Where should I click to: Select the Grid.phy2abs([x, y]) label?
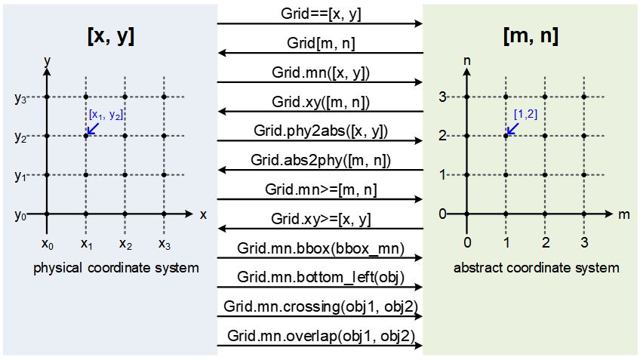pyautogui.click(x=321, y=131)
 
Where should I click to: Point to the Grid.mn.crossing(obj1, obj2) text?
pyautogui.click(x=320, y=306)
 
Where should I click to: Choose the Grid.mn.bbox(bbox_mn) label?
pyautogui.click(x=320, y=248)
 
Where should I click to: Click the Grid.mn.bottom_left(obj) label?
pyautogui.click(x=320, y=277)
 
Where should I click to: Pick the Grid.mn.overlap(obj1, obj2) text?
pyautogui.click(x=320, y=336)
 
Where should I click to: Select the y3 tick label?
pyautogui.click(x=20, y=97)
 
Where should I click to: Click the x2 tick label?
pyautogui.click(x=126, y=244)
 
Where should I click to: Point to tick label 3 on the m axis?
pyautogui.click(x=583, y=242)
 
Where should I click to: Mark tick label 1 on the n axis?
pyautogui.click(x=443, y=175)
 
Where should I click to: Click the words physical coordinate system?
pyautogui.click(x=116, y=268)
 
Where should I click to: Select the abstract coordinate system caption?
pyautogui.click(x=536, y=268)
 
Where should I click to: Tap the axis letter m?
pyautogui.click(x=623, y=214)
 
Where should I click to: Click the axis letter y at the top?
pyautogui.click(x=47, y=59)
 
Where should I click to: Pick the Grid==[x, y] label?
pyautogui.click(x=320, y=14)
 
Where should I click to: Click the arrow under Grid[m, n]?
pyautogui.click(x=320, y=54)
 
